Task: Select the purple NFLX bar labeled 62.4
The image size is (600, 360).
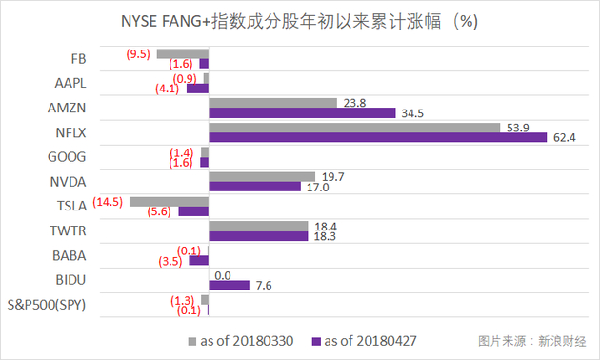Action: (378, 137)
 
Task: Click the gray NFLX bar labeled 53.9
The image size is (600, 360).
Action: (354, 127)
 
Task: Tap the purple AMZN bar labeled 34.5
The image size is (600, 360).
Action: (302, 112)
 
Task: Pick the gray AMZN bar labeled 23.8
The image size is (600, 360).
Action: (273, 102)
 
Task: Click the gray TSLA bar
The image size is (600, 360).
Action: (169, 201)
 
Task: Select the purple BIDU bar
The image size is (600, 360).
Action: (229, 285)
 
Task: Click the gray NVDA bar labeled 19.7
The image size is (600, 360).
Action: (262, 176)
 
